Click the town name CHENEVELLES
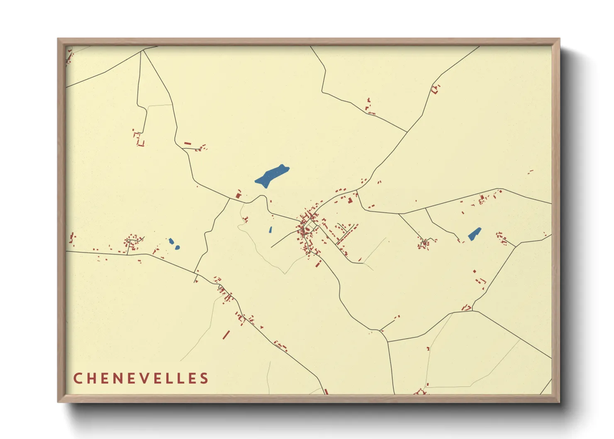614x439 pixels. (141, 378)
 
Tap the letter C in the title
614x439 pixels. (78, 378)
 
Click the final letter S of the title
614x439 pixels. (204, 378)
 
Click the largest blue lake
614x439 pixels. (271, 176)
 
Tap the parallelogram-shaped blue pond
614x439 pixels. (475, 234)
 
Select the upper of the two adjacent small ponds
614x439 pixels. (171, 241)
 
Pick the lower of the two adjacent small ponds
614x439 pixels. (177, 248)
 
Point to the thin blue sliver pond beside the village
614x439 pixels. (270, 229)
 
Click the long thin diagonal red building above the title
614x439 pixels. (226, 334)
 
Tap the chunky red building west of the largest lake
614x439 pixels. (239, 194)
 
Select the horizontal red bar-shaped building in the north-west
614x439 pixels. (188, 144)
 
